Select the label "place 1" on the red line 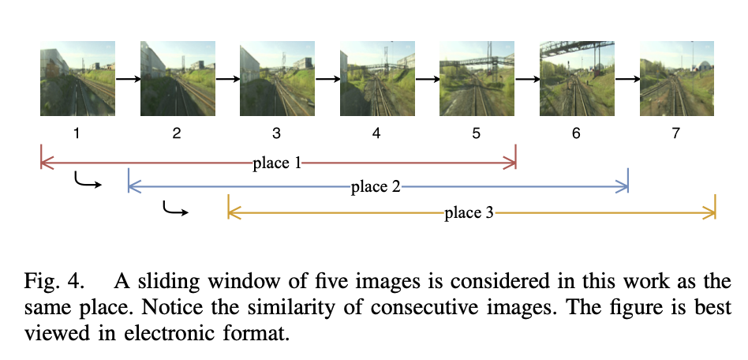pos(277,164)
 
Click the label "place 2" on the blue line pos(376,187)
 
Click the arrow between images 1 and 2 pos(127,79)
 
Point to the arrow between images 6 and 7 pos(626,79)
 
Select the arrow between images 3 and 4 pos(327,79)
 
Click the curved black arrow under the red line pos(87,182)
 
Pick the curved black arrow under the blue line pos(174,209)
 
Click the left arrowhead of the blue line pos(131,187)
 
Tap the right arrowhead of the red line pos(513,164)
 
